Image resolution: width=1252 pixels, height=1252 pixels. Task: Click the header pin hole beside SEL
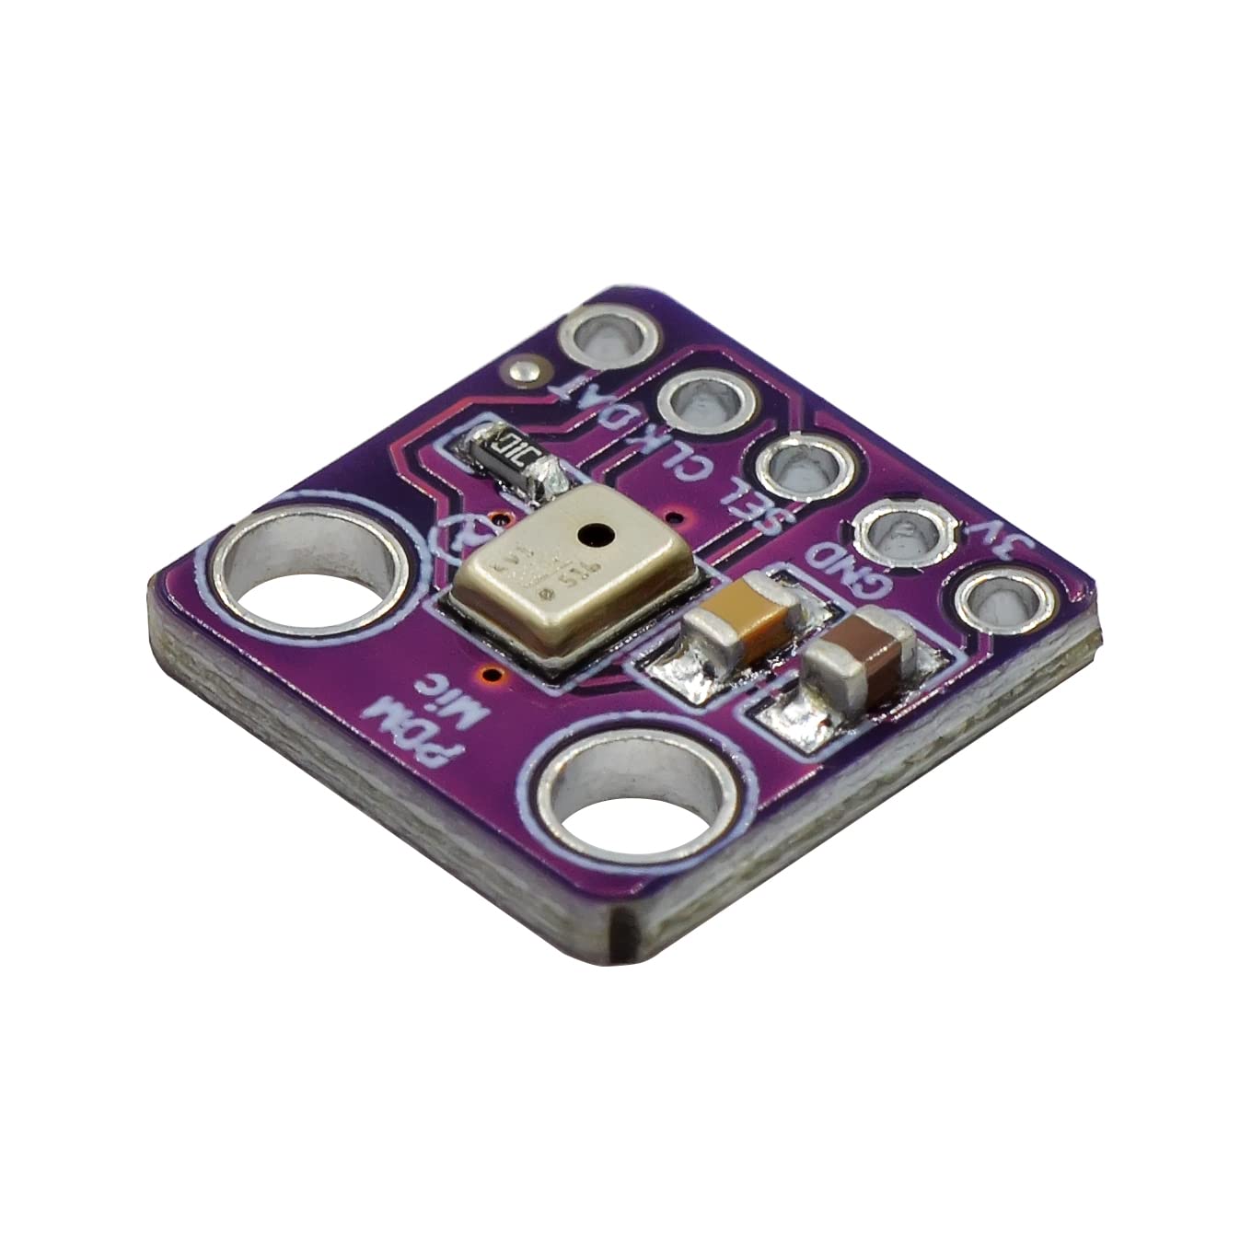[800, 468]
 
